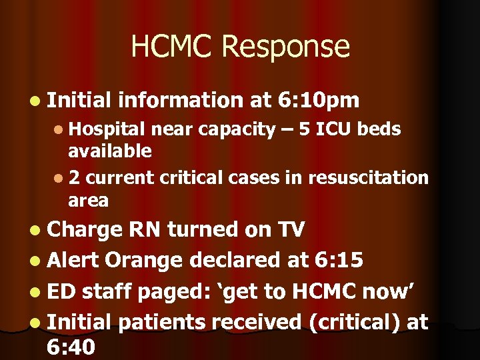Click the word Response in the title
[x=287, y=47]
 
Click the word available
[x=109, y=151]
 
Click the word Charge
[x=85, y=229]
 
